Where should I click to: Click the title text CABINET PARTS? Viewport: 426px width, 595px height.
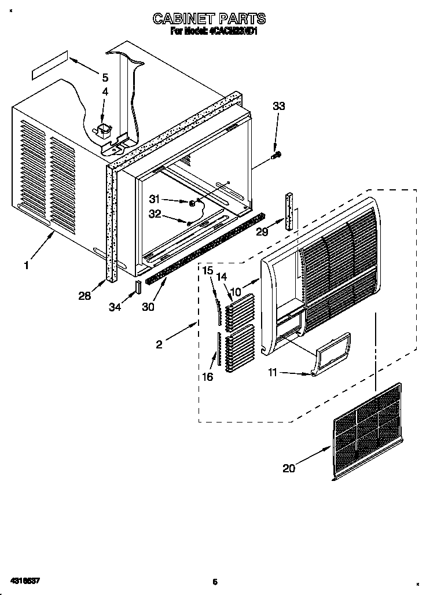tap(209, 19)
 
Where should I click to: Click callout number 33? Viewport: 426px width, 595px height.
tap(278, 106)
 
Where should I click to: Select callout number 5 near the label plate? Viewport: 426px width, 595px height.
tap(105, 77)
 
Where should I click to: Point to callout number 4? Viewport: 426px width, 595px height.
tap(105, 91)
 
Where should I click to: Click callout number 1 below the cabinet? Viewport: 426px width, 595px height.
tap(26, 266)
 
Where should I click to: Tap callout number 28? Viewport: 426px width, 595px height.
tap(85, 296)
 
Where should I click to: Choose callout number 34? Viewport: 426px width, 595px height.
tap(116, 307)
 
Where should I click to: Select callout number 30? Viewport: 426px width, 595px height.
tap(148, 307)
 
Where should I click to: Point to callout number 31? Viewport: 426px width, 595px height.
tap(153, 199)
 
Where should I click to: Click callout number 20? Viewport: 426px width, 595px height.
tap(288, 468)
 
